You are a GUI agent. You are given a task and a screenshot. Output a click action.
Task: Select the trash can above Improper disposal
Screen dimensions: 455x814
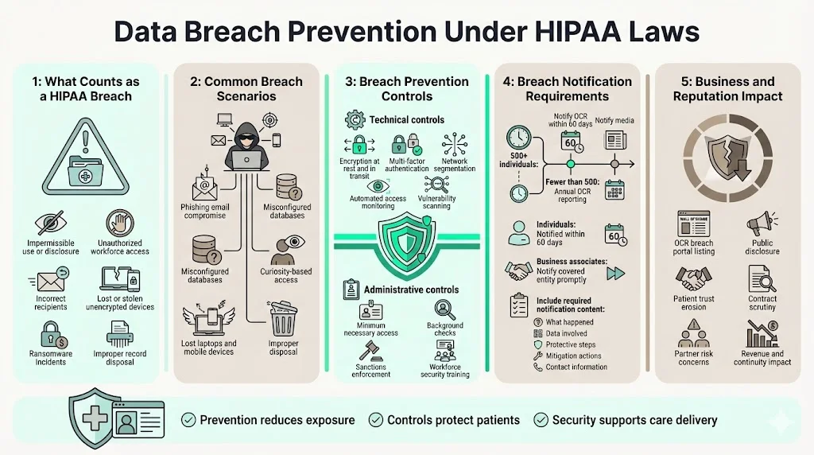(x=282, y=318)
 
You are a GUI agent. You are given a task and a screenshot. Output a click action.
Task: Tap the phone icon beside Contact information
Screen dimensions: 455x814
(x=538, y=367)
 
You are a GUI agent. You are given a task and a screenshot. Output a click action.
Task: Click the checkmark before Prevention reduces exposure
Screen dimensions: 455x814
(x=188, y=420)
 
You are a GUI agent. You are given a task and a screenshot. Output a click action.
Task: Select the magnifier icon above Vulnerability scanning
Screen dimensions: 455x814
(x=436, y=185)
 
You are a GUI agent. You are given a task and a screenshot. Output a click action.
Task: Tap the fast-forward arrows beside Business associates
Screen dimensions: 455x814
(x=614, y=274)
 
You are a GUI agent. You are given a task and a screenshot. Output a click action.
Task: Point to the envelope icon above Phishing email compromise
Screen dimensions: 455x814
(x=203, y=188)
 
